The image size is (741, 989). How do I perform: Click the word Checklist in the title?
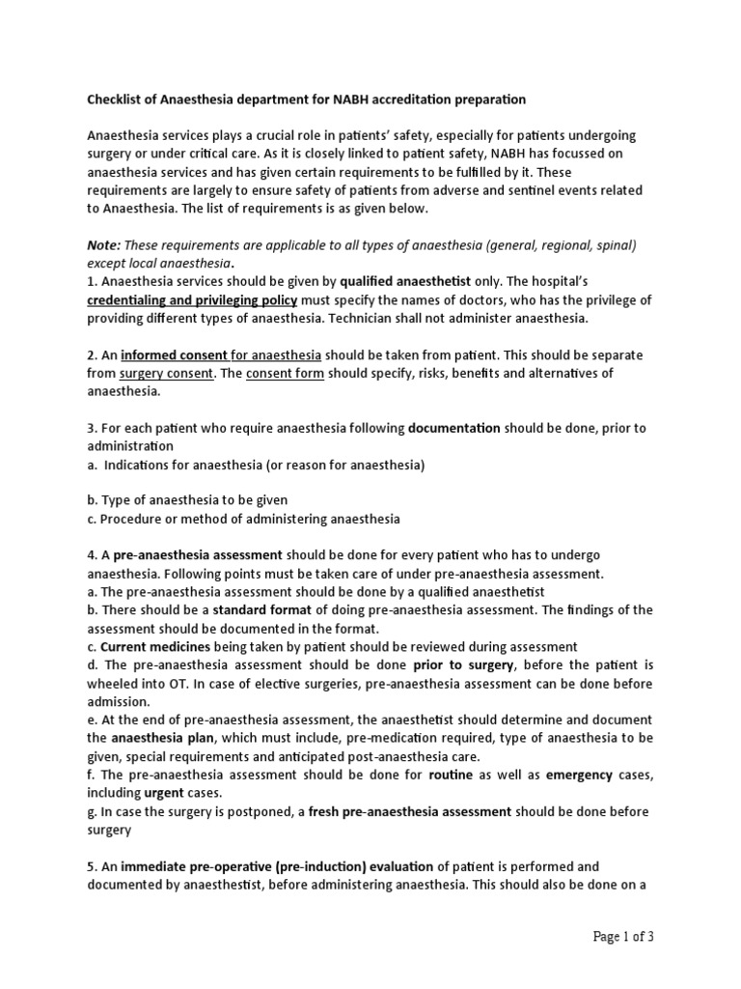point(117,99)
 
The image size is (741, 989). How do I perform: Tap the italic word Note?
point(103,245)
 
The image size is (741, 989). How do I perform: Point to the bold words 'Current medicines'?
point(150,647)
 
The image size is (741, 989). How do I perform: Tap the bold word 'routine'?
point(451,775)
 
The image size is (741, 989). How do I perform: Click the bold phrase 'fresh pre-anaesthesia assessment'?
point(410,811)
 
